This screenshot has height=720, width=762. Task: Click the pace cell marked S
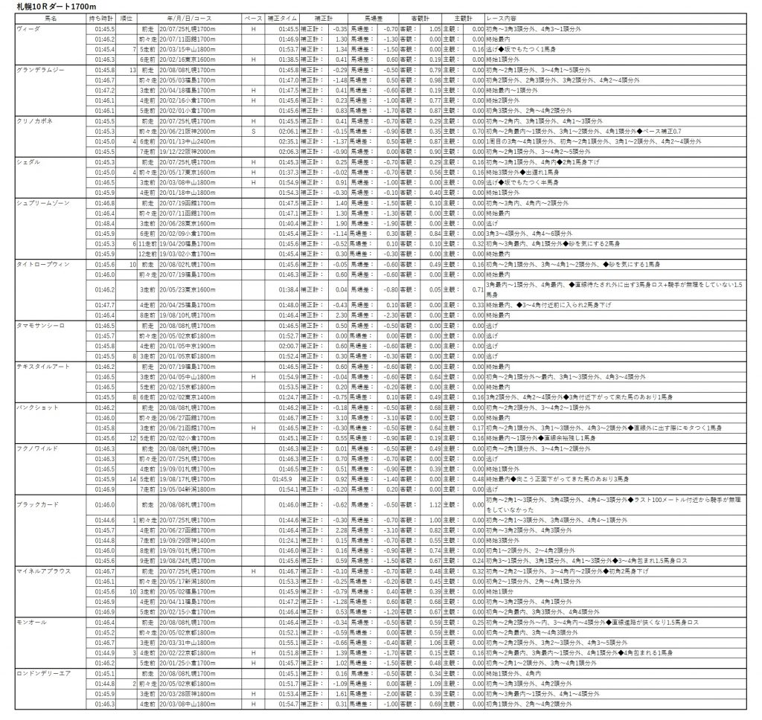coord(254,131)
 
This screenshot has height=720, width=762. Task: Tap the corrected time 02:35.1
coord(289,141)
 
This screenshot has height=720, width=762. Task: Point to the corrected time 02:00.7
coord(289,346)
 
